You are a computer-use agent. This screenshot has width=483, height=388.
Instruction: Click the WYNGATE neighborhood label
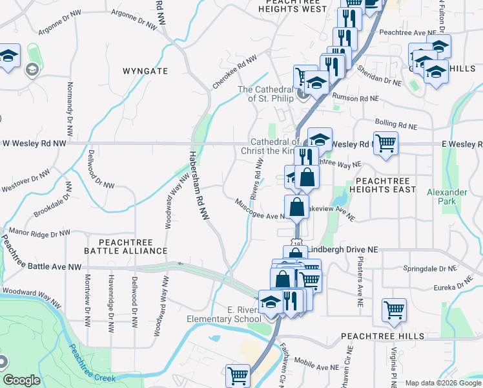pos(145,70)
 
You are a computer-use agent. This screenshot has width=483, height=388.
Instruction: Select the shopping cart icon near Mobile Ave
pos(238,376)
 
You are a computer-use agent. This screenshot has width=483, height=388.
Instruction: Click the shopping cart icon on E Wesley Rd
pos(385,143)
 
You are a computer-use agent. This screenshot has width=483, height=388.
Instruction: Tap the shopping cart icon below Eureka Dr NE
pos(393,309)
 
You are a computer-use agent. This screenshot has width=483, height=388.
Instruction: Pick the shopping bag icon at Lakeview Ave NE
pos(296,207)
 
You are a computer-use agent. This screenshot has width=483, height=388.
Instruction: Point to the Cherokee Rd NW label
pos(231,74)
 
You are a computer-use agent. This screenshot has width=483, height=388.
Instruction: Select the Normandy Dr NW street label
pos(68,103)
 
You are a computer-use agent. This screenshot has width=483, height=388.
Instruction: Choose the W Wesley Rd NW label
pos(33,143)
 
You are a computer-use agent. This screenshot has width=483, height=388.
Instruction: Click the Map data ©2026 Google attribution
pos(442,383)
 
